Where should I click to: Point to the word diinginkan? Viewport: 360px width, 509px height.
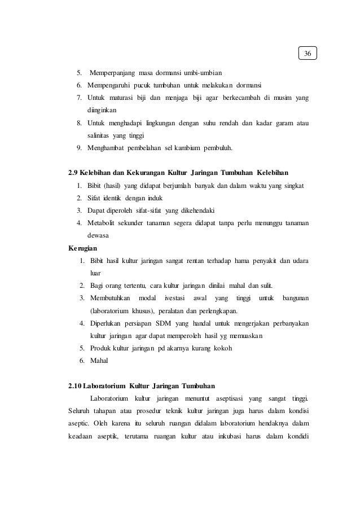(x=102, y=111)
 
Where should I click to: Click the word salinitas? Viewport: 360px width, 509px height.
(x=100, y=136)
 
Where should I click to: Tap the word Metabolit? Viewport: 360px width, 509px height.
(x=103, y=222)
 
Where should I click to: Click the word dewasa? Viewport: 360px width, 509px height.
(x=98, y=235)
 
